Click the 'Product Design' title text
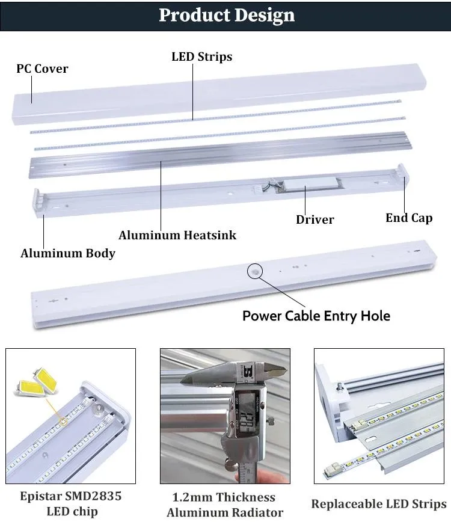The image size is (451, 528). pyautogui.click(x=226, y=16)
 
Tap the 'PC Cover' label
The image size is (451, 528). pyautogui.click(x=42, y=69)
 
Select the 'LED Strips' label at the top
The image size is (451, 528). pyautogui.click(x=201, y=57)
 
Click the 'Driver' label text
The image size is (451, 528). pyautogui.click(x=314, y=219)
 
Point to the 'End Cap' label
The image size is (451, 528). pyautogui.click(x=409, y=218)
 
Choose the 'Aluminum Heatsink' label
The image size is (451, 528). pyautogui.click(x=177, y=235)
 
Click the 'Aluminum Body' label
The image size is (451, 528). pyautogui.click(x=68, y=253)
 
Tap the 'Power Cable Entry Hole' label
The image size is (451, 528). pyautogui.click(x=316, y=316)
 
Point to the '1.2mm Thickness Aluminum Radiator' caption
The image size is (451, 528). pyautogui.click(x=225, y=505)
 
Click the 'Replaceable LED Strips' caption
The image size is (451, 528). pyautogui.click(x=379, y=504)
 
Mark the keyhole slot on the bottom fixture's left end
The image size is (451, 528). pyautogui.click(x=54, y=300)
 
